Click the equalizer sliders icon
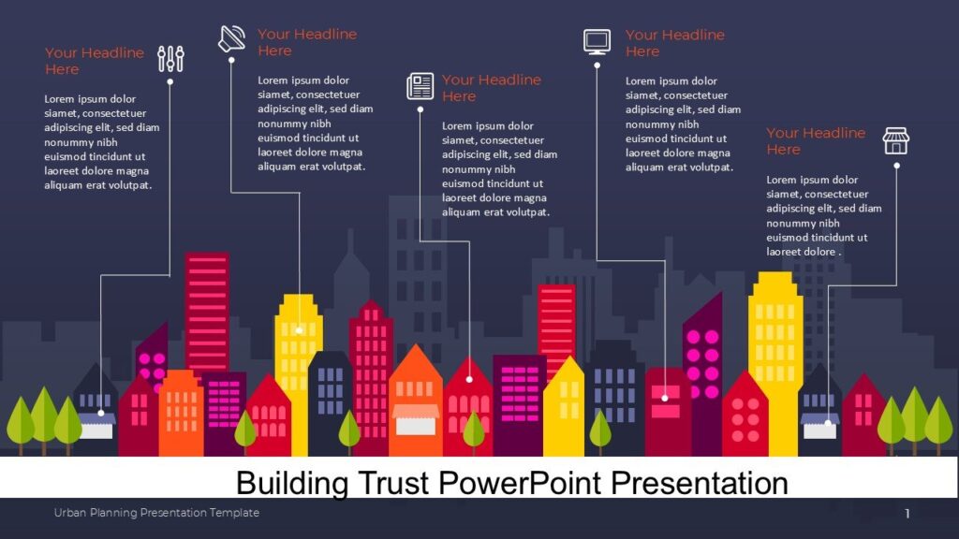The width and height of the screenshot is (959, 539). pos(171,59)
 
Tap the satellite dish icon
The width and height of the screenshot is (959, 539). pos(231,38)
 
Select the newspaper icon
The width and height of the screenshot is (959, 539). pos(420,86)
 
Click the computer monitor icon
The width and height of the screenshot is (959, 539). pos(597,41)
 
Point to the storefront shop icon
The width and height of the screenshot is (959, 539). pos(895,141)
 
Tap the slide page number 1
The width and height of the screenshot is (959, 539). pos(907,513)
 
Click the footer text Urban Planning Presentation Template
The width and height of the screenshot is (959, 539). pos(156,513)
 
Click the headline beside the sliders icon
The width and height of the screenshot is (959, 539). pos(94,61)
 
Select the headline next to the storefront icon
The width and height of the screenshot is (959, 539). pos(815,141)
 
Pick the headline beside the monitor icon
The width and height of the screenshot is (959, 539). pos(674,43)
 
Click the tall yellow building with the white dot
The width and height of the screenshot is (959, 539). pos(299,342)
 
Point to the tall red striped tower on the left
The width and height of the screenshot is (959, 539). pos(206,309)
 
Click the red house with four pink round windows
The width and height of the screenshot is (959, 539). pos(745,416)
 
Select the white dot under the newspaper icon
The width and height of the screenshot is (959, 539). pos(420,110)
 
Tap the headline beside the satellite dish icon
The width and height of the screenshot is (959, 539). pos(306,42)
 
